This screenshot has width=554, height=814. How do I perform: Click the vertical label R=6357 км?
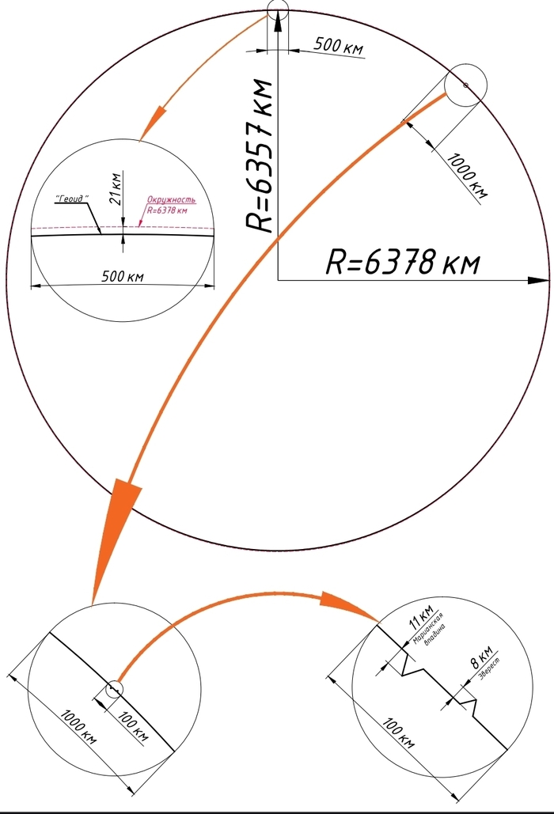(x=260, y=155)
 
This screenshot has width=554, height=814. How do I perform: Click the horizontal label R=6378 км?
(x=403, y=262)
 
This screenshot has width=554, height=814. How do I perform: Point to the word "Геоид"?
(x=71, y=199)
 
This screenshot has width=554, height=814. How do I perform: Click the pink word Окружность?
(x=171, y=200)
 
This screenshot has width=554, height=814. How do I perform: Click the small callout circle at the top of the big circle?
(x=279, y=10)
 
